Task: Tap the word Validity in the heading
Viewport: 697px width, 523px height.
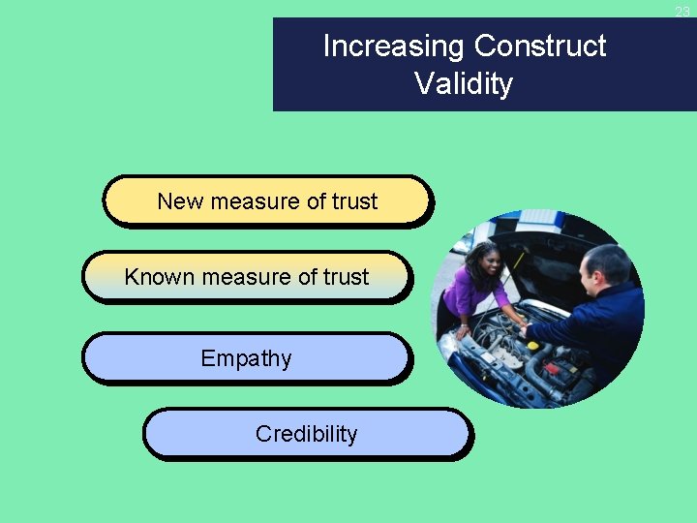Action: click(x=464, y=83)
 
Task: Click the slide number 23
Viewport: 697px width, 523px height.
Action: click(x=682, y=12)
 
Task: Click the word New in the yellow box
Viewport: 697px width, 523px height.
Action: click(x=179, y=201)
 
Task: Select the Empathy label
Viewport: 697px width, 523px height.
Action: click(x=246, y=358)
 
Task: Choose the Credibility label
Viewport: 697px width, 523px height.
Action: click(x=306, y=434)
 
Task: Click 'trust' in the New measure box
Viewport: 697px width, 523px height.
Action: click(x=354, y=201)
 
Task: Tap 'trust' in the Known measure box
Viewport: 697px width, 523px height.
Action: click(x=346, y=277)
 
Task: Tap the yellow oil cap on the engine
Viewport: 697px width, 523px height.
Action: click(x=532, y=345)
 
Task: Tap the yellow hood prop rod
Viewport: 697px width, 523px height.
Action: click(x=520, y=260)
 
